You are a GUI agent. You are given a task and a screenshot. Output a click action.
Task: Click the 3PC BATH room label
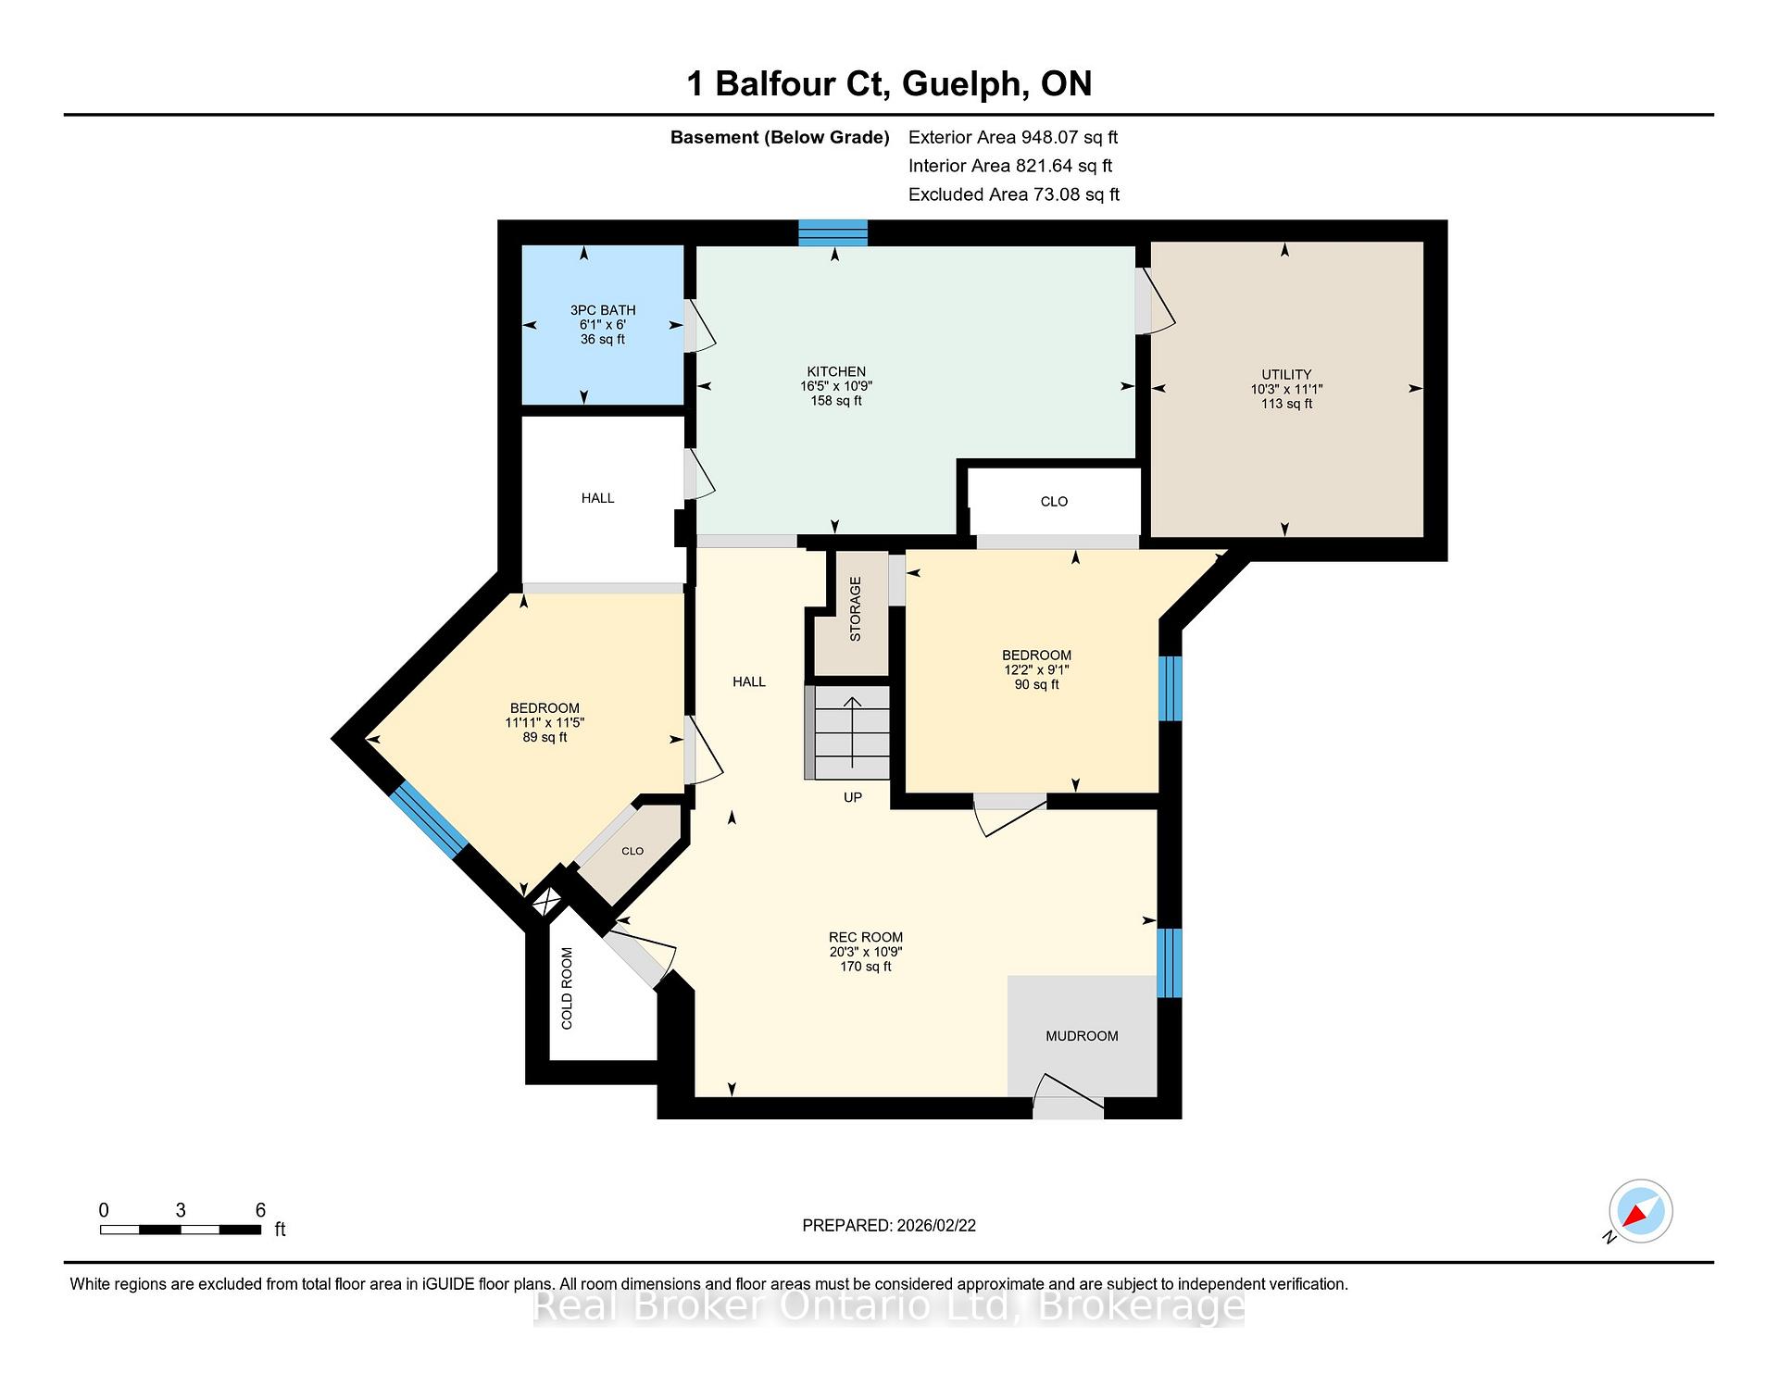603,310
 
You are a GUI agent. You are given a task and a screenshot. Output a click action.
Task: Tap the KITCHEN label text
836,371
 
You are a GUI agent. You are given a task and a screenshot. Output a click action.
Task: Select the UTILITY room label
1286,375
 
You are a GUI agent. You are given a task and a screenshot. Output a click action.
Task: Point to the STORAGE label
856,609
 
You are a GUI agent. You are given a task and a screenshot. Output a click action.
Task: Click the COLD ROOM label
567,989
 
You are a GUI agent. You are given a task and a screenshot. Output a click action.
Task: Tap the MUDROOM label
1082,1036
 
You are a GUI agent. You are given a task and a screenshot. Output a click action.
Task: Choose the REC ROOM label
866,937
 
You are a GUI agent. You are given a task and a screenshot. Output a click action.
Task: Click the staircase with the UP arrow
847,732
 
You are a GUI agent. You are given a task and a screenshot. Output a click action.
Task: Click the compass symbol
1640,1211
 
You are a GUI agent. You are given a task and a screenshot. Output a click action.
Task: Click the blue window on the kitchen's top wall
833,232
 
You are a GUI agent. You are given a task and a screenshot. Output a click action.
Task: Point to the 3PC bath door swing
700,326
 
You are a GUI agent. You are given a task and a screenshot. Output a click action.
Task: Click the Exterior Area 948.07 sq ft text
1013,137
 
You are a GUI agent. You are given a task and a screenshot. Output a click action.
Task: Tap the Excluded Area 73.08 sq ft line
1014,194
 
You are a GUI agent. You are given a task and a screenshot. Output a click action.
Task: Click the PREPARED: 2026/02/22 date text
889,1226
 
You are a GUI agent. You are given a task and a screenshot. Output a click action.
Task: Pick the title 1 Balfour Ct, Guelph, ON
889,84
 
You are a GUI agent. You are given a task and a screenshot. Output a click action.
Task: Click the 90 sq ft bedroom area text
1036,684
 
